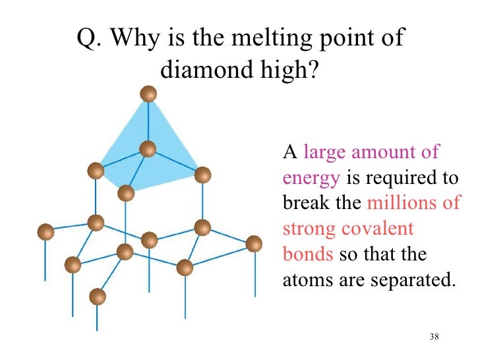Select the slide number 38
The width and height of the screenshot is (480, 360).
tap(433, 338)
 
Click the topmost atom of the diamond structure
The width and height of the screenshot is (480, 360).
tap(149, 94)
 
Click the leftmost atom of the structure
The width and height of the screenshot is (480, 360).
tap(45, 231)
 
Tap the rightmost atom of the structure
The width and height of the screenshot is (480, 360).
tap(254, 244)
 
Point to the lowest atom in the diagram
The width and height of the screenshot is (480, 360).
tap(98, 297)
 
